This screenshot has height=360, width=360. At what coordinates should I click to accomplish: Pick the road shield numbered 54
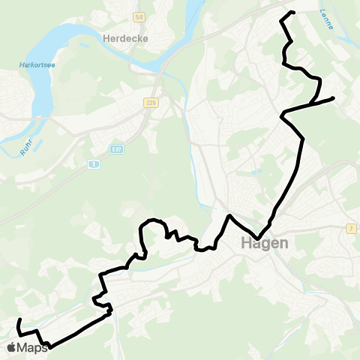[139, 16]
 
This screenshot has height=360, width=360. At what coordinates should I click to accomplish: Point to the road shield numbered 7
[351, 228]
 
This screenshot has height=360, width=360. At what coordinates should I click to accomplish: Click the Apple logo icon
[13, 347]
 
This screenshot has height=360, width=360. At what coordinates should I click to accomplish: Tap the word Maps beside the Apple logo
[34, 347]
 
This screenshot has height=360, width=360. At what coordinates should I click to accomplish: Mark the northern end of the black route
[292, 12]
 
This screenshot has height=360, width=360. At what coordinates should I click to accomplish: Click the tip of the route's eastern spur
[332, 97]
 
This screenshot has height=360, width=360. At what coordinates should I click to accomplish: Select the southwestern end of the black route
[18, 320]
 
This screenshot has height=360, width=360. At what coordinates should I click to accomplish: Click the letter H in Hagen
[245, 244]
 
